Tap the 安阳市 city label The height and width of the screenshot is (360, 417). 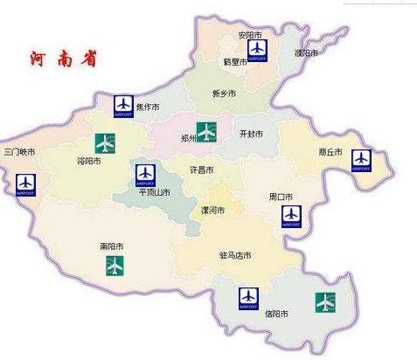point(251,36)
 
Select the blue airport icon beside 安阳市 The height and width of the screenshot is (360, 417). point(257,51)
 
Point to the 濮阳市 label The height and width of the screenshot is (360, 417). point(306,53)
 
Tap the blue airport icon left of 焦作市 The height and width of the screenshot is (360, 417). point(124,106)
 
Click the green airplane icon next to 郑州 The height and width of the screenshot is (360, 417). point(205,132)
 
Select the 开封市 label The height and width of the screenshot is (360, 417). point(251,134)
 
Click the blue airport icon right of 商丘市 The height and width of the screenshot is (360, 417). point(361,161)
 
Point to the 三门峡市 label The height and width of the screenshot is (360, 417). point(19,152)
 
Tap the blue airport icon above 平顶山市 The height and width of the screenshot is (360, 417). point(145,174)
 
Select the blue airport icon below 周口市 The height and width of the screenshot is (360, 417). point(291,216)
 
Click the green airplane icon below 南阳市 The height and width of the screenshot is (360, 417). point(114,265)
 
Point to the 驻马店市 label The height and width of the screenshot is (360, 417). point(235,255)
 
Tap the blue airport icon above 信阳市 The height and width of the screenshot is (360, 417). point(248,299)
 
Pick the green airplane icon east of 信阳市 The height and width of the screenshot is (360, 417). point(325,302)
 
